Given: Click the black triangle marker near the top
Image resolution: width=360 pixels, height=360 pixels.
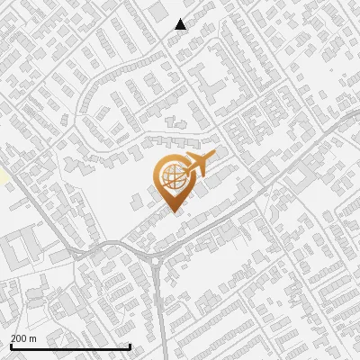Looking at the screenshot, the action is [181, 24].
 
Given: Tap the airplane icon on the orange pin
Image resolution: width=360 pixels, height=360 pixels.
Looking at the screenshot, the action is [199, 166].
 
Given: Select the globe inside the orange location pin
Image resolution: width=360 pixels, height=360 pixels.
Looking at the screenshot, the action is [173, 179].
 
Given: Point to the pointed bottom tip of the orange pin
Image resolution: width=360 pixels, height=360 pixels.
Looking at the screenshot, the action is [172, 212].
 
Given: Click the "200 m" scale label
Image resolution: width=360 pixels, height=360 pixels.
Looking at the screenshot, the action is [23, 338].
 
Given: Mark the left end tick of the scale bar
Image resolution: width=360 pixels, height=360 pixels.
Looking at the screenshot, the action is [11, 346].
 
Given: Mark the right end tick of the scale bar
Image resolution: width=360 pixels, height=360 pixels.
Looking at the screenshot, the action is [130, 346].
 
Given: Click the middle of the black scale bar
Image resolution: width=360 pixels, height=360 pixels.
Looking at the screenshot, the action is [70, 346].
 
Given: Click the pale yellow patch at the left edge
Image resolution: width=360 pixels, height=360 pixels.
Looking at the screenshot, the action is [4, 176].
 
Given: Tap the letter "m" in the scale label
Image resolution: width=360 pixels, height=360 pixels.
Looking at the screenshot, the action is [32, 338].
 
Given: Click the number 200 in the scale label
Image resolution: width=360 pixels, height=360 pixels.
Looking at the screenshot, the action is [19, 338].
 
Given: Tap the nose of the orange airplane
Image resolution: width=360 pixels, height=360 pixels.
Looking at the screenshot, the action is [214, 157].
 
